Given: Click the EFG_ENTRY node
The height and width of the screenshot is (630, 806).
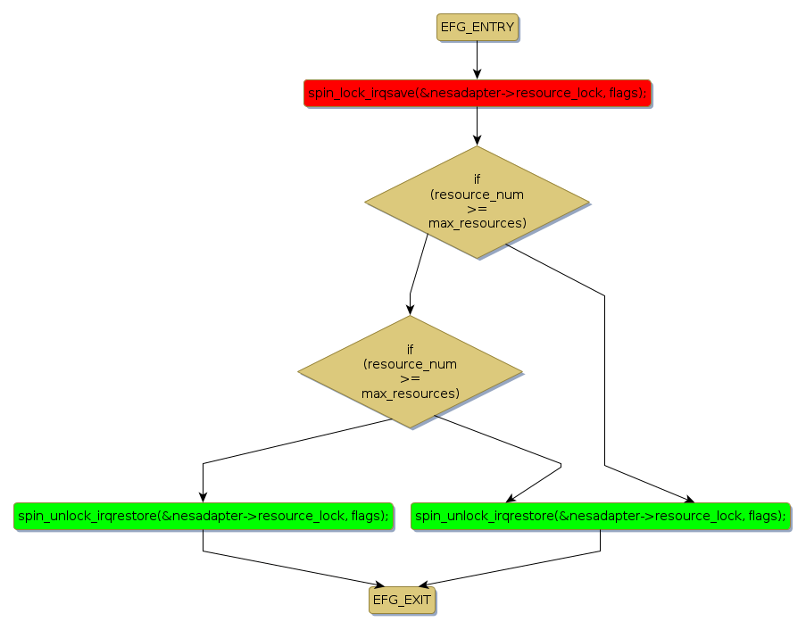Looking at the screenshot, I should click(x=477, y=28).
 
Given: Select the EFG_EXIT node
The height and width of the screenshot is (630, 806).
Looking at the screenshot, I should click(x=403, y=601).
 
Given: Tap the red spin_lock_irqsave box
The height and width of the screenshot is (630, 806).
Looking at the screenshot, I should click(x=477, y=93).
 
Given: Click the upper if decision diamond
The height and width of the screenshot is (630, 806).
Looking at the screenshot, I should click(x=477, y=201).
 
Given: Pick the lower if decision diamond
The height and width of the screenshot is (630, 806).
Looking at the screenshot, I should click(x=410, y=371).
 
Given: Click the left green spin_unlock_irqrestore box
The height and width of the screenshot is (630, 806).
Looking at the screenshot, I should click(x=204, y=516).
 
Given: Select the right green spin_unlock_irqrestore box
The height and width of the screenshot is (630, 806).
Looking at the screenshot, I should click(x=600, y=516).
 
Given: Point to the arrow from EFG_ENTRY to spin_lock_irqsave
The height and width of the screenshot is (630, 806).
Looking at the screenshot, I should click(x=477, y=61).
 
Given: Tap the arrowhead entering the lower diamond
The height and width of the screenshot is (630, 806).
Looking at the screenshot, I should click(x=410, y=309).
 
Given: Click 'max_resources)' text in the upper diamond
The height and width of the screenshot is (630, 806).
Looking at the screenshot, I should click(x=477, y=222).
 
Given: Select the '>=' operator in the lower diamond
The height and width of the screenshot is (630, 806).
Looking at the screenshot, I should click(x=410, y=378).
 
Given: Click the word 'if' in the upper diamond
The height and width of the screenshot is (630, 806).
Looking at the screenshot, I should click(x=477, y=179).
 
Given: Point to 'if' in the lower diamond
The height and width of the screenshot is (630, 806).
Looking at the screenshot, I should click(x=410, y=350).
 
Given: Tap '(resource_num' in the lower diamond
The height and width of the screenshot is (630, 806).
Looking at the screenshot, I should click(x=410, y=364).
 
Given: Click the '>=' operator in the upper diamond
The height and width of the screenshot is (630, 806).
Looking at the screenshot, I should click(x=477, y=208).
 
